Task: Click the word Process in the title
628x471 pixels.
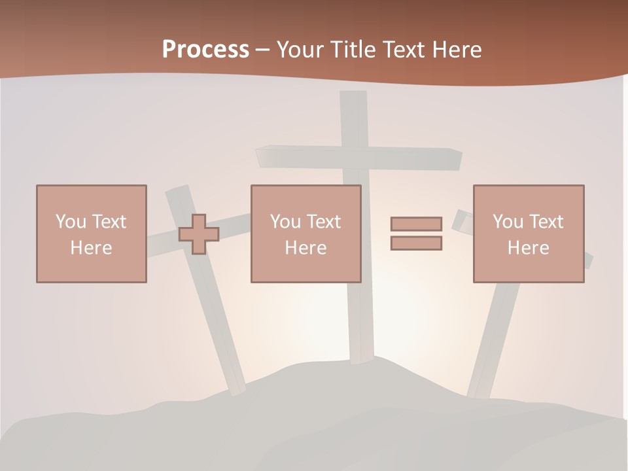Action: pos(205,50)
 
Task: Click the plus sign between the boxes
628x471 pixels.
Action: pos(199,234)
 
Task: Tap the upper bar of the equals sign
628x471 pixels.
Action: pos(416,224)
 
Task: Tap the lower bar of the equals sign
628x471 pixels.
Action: pos(416,243)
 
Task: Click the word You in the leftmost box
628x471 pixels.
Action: pos(71,221)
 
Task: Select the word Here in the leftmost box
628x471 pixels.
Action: pos(91,248)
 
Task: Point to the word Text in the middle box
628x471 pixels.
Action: pos(324,221)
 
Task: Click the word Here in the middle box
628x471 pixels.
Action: pos(305,248)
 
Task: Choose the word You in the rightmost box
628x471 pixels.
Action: pos(508,221)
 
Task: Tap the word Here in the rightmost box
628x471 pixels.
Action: pos(528,248)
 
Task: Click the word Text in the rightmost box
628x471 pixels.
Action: pos(546,221)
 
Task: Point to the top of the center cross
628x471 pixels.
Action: pos(353,98)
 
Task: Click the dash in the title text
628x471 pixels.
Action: pos(263,50)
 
